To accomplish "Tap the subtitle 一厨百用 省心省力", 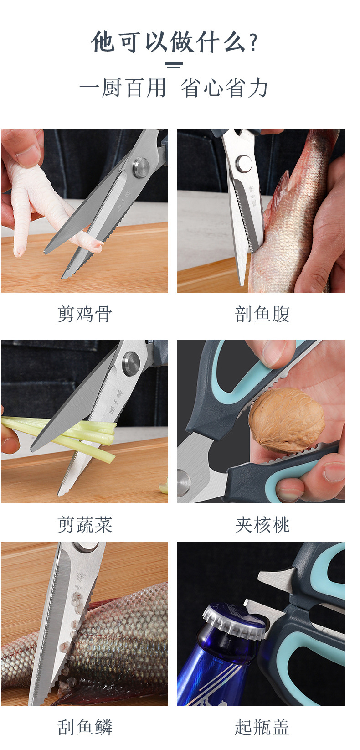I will (x=174, y=88).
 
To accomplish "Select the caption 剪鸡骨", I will (x=85, y=314).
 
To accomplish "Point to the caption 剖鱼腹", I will (x=262, y=314).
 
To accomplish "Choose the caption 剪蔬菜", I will (x=85, y=525).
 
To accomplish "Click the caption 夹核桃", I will (x=262, y=525).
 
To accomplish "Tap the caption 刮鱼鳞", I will (x=85, y=727).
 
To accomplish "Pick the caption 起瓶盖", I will (x=262, y=727).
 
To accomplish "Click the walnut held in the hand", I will (x=286, y=419).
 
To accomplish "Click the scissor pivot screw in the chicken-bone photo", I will (x=141, y=167).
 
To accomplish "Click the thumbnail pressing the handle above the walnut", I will (x=273, y=353).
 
